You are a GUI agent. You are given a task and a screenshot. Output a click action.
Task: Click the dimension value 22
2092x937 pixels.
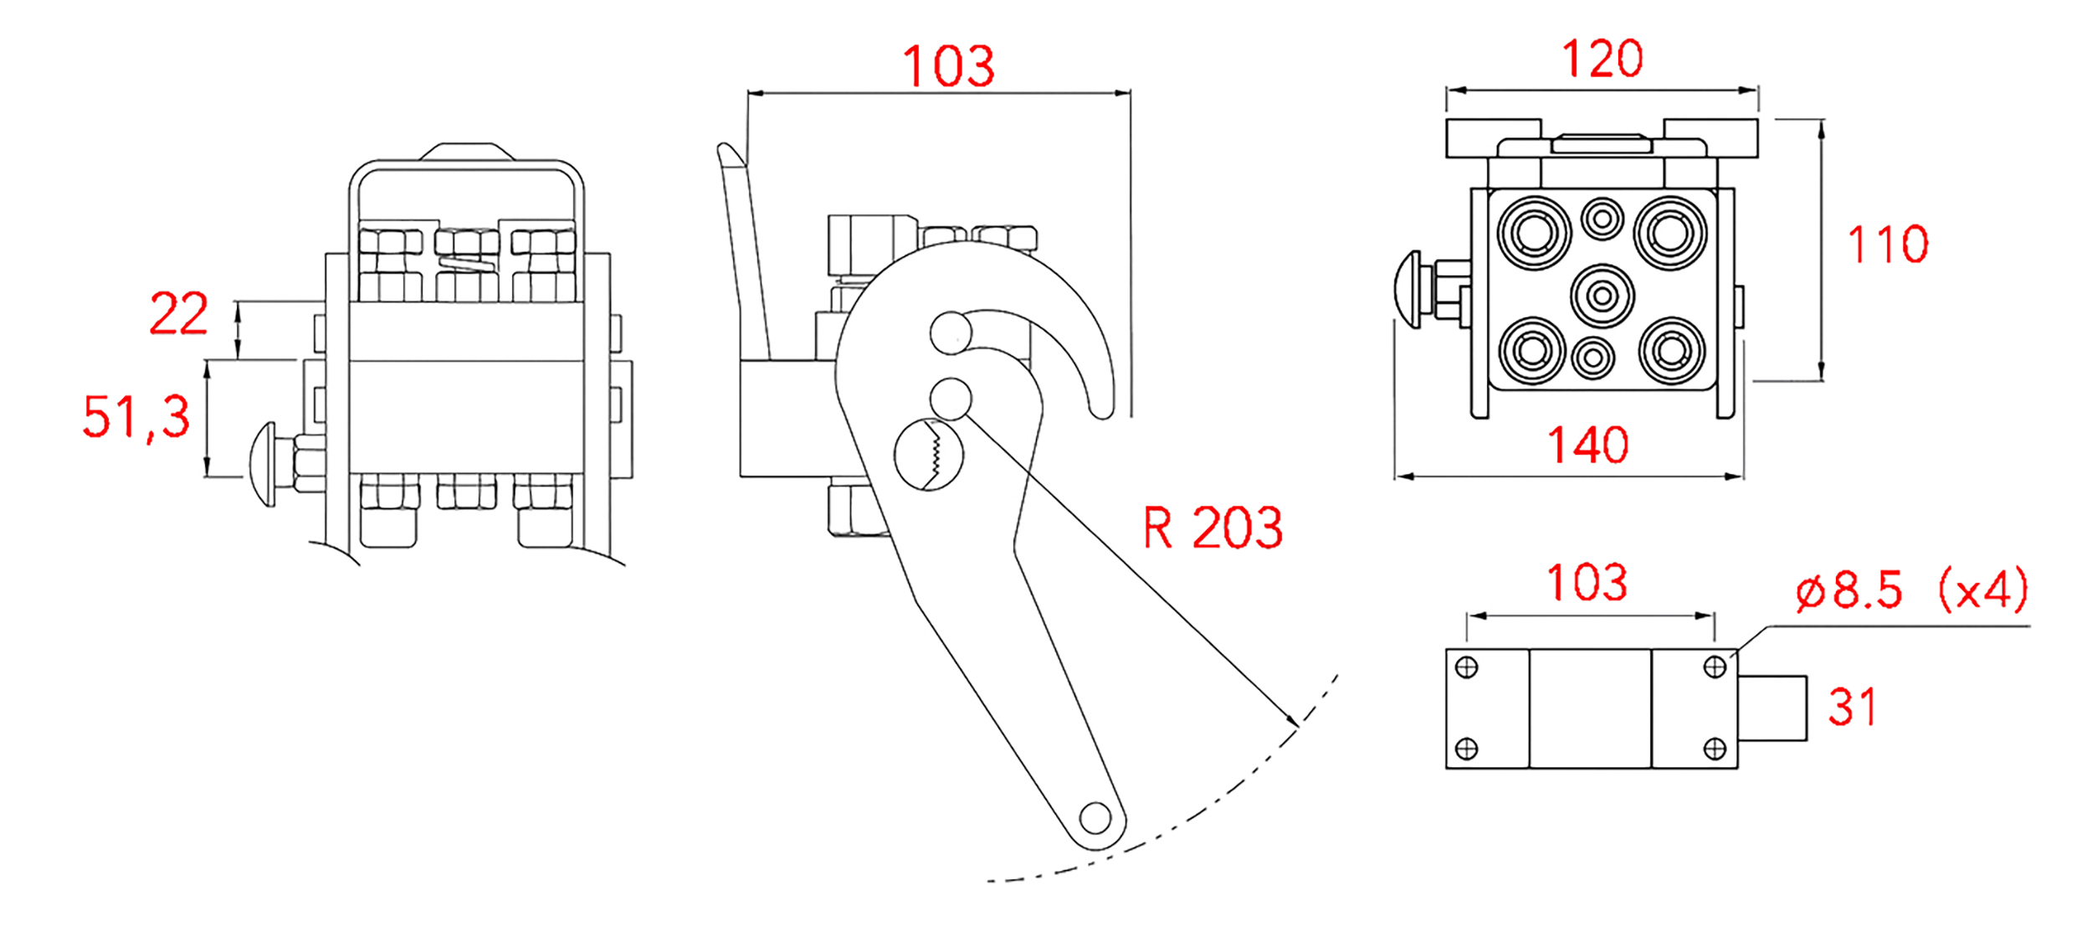point(178,314)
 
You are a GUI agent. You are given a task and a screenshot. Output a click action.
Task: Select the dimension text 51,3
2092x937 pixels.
point(136,416)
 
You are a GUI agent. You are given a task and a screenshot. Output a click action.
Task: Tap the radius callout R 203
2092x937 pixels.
point(1213,528)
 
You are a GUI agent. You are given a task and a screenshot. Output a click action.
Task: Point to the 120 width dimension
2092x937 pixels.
point(1602,59)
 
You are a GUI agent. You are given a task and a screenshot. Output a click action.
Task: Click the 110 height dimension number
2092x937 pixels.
point(1888,245)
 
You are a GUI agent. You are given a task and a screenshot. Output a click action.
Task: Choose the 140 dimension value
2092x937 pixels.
point(1588,445)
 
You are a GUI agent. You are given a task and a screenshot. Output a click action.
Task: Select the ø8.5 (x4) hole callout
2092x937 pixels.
point(1913,589)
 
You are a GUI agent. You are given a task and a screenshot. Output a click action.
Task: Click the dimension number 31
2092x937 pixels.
point(1853,707)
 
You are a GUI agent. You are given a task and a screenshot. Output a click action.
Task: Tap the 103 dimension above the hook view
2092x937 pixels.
point(948,66)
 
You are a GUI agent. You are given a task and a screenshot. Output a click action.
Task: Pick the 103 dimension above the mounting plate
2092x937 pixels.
point(1587,582)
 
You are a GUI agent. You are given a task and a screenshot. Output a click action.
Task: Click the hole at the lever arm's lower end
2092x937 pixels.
point(1095,817)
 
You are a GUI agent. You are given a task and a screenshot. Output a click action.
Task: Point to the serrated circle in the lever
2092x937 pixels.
point(929,454)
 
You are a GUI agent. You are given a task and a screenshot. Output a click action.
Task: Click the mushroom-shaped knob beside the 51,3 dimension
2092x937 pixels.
point(264,464)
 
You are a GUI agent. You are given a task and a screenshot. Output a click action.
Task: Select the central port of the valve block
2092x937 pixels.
point(1602,296)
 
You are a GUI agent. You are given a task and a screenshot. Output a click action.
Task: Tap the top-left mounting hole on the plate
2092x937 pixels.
point(1467,667)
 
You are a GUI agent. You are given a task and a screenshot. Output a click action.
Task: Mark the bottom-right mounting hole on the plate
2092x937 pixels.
point(1715,748)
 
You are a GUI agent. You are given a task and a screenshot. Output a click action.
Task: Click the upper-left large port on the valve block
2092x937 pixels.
point(1534,234)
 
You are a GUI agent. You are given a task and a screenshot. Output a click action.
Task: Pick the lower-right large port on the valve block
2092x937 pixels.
point(1672,351)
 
